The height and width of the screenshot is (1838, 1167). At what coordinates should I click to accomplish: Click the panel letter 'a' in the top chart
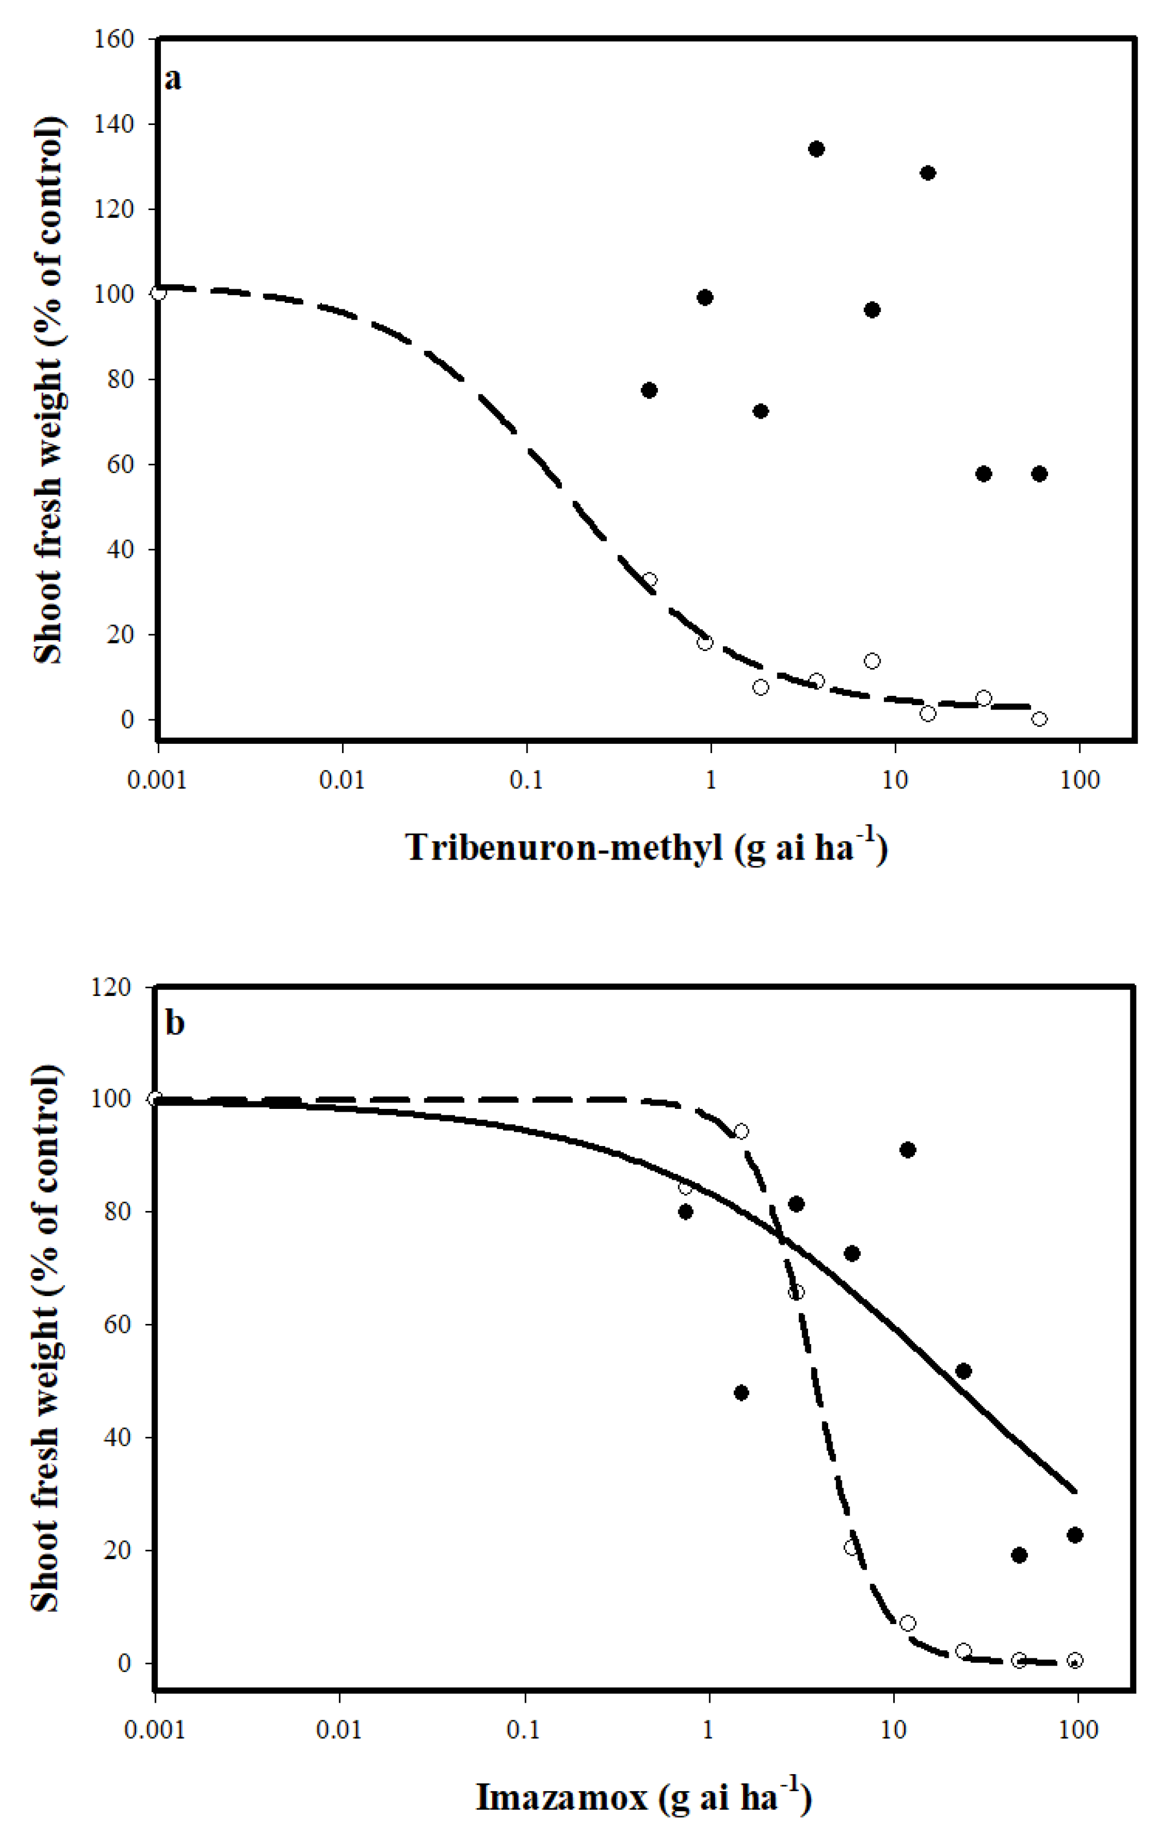coord(173,79)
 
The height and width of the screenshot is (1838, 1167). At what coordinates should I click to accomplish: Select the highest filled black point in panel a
coord(816,149)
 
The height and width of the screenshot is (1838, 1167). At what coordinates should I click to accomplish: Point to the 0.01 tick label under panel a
coord(342,780)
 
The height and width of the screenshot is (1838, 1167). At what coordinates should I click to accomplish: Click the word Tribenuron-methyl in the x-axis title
coord(563,848)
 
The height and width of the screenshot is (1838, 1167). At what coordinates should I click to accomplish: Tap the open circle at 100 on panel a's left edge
coord(158,293)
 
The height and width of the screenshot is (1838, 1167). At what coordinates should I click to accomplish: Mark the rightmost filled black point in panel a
coord(1039,474)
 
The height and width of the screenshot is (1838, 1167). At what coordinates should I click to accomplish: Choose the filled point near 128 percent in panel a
coord(927,173)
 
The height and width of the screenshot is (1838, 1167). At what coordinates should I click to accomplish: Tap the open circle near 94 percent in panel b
coord(740,1131)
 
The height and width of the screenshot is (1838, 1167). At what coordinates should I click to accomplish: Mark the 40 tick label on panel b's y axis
coord(117,1438)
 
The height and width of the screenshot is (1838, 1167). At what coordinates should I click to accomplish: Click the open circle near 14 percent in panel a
coord(872,661)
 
